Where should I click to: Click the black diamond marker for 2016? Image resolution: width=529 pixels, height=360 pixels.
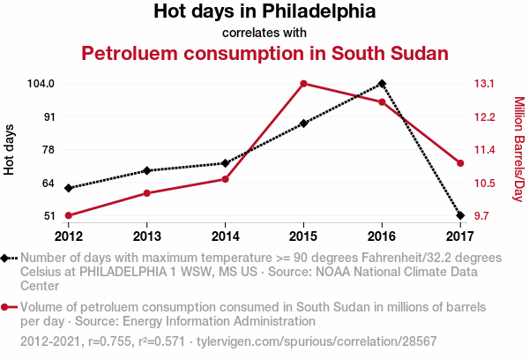click(x=382, y=84)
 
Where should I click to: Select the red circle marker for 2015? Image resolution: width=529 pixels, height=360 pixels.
click(x=303, y=84)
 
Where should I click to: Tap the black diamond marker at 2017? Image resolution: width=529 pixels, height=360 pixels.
click(x=460, y=215)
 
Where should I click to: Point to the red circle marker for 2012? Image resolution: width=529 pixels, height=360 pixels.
click(x=69, y=215)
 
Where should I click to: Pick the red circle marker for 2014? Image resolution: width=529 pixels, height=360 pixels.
click(x=226, y=179)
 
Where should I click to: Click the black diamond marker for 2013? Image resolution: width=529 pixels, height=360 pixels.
click(x=147, y=170)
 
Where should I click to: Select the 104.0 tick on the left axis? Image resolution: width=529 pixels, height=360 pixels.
click(x=41, y=84)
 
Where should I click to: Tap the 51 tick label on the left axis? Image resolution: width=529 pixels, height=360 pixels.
click(x=48, y=215)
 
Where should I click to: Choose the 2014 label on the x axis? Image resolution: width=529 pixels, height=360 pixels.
click(x=226, y=236)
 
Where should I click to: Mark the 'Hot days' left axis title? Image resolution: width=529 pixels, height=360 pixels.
click(x=10, y=150)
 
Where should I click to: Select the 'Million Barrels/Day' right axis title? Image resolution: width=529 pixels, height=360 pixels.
click(x=518, y=150)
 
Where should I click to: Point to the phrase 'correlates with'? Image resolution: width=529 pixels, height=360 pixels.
click(x=264, y=33)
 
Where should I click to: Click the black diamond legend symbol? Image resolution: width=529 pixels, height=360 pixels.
click(x=7, y=258)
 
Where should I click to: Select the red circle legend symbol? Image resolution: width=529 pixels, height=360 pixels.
click(x=7, y=308)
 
